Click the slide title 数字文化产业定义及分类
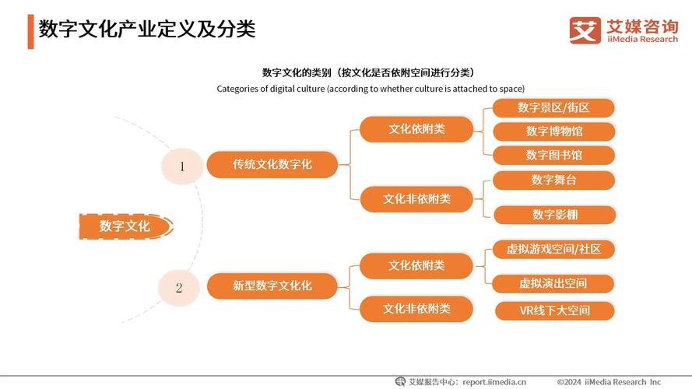pos(148,30)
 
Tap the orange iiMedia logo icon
pos(585,30)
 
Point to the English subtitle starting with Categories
pos(371,89)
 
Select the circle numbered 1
pos(181,166)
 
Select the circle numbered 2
pos(178,287)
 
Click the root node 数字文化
pos(125,226)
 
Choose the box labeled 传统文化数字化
pos(272,165)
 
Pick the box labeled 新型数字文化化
pos(272,286)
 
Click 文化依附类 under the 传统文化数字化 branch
pos(416,129)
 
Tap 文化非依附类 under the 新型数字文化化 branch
pos(416,309)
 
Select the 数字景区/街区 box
pos(553,107)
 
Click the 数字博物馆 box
pos(553,131)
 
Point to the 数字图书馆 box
pos(553,155)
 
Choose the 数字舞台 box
pos(553,180)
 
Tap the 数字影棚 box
pos(553,215)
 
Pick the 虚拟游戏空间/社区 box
pos(553,249)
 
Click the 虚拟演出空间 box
pos(553,283)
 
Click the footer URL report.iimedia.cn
pos(494,381)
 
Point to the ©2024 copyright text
pos(609,381)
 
